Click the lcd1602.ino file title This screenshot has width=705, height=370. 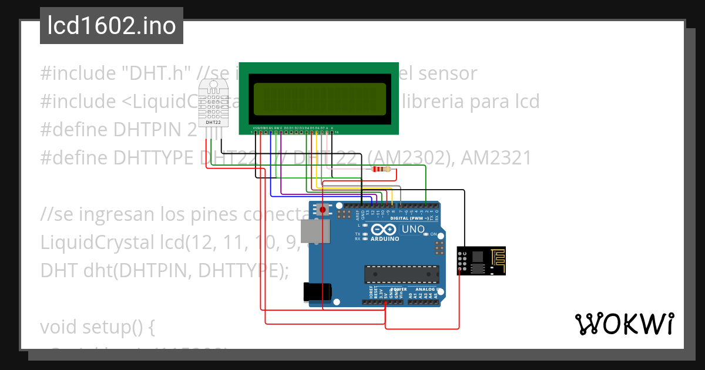tap(112, 26)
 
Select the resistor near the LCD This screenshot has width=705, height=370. tap(381, 170)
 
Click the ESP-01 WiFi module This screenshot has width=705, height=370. tap(481, 260)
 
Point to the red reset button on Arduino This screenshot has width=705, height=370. tap(322, 209)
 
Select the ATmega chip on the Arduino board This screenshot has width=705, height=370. tap(401, 274)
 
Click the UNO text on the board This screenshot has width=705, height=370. tap(412, 229)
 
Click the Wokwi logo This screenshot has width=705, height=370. tap(624, 324)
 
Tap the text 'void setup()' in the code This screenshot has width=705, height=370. tap(97, 327)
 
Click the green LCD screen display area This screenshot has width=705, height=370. tap(320, 99)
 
